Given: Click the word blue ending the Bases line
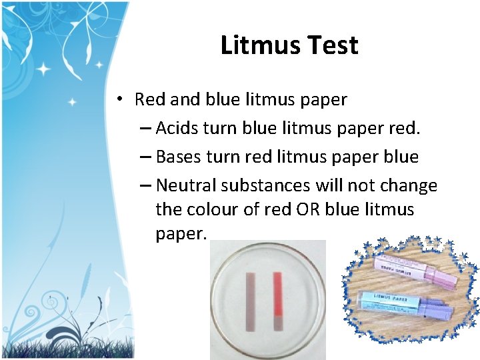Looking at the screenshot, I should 401,157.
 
